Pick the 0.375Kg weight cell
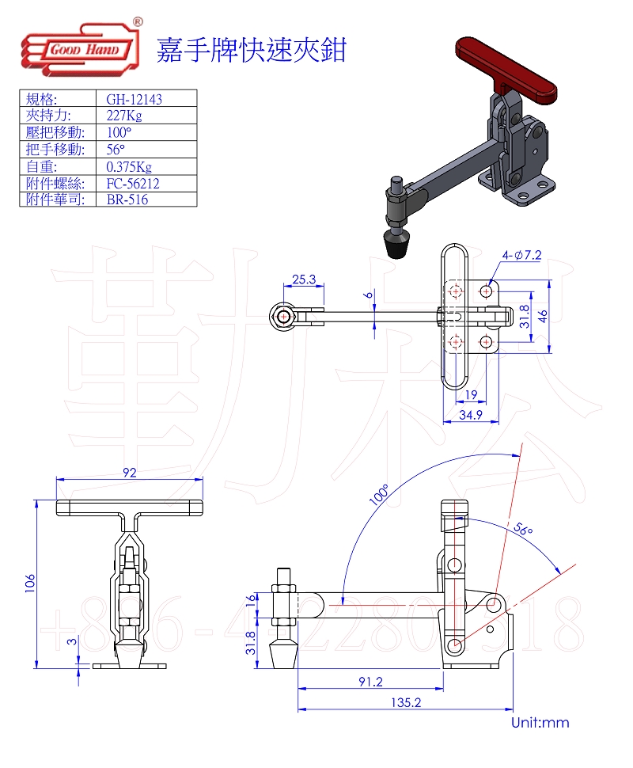coord(129,166)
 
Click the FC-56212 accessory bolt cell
coord(133,183)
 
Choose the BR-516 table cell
coord(127,200)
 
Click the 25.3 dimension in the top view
coord(304,279)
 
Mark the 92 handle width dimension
coord(130,473)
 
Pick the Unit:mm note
coord(540,722)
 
